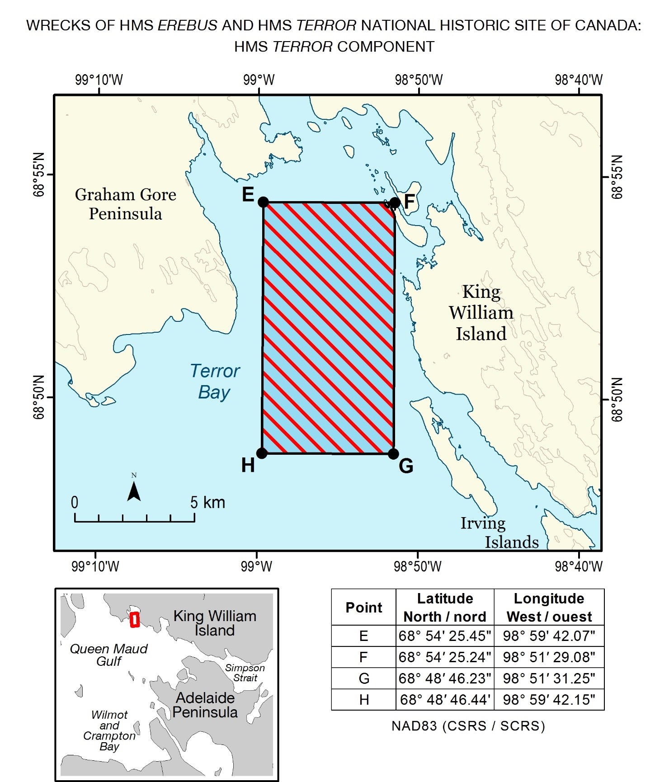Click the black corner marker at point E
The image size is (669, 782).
(263, 202)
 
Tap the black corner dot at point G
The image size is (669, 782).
(393, 453)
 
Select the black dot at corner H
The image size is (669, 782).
(261, 453)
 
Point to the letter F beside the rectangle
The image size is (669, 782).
(409, 202)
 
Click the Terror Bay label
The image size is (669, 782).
(215, 382)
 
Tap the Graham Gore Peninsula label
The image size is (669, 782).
(125, 204)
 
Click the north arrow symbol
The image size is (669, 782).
(134, 491)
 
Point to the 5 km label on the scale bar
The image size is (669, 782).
(207, 502)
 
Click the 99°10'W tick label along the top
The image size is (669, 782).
(99, 80)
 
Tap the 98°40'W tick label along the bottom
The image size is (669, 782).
(579, 566)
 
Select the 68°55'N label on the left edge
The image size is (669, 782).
(39, 174)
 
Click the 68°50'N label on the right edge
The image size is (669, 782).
(617, 400)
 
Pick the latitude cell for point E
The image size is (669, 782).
(445, 636)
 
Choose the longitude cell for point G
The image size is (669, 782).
(549, 678)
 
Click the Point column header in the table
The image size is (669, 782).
(363, 608)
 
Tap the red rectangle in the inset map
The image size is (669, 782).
(134, 619)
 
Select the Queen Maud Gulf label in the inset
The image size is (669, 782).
(109, 655)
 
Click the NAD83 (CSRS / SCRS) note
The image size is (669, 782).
(468, 726)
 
